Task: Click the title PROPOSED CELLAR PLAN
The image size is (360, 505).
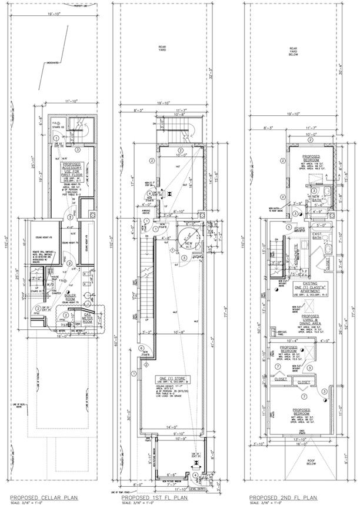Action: [x=36, y=496]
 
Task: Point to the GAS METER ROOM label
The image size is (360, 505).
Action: [x=88, y=312]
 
